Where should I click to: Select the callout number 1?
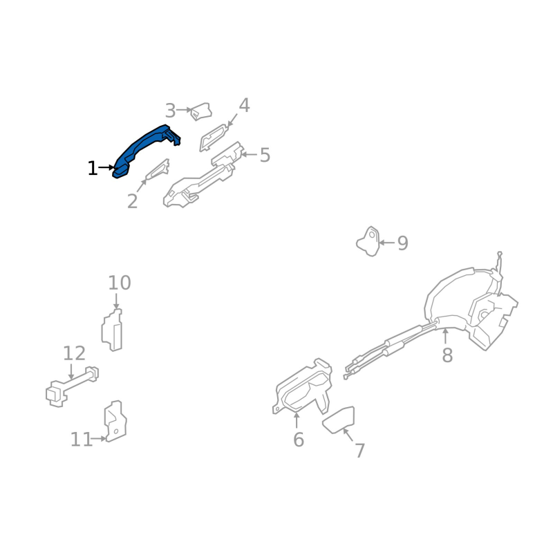point(93,168)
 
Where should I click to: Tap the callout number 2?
point(132,201)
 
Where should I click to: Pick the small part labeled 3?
point(201,111)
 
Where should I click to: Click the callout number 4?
point(244,105)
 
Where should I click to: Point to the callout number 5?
point(265,155)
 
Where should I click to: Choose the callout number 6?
point(299,440)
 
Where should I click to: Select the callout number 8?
point(447,355)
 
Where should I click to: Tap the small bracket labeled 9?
point(368,241)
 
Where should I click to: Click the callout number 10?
point(120,283)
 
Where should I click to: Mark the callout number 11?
point(82,440)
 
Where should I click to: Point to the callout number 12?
point(74,353)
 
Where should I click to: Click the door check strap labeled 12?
point(73,386)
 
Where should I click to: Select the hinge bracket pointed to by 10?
point(112,330)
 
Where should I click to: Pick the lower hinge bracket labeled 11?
point(115,421)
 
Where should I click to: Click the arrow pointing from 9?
point(387,243)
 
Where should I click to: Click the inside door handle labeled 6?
point(303,387)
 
